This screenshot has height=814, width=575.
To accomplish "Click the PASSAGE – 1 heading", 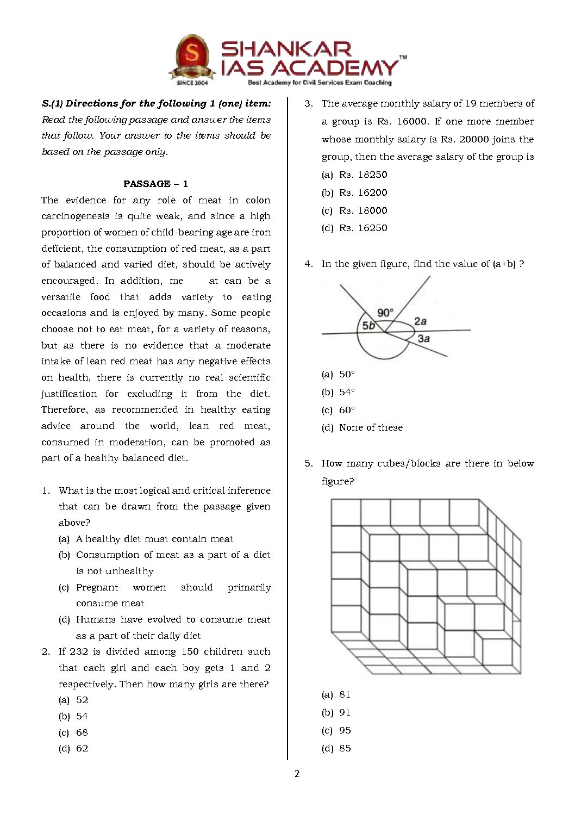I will pyautogui.click(x=155, y=184).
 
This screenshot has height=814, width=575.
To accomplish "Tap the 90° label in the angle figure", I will pyautogui.click(x=385, y=312).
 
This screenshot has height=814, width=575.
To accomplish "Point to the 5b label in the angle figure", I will pyautogui.click(x=368, y=326).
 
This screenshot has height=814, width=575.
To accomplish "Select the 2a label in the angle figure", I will pyautogui.click(x=420, y=321).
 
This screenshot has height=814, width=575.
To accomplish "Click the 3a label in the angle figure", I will pyautogui.click(x=424, y=338).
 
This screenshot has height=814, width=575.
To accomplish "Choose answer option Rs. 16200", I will pyautogui.click(x=362, y=192).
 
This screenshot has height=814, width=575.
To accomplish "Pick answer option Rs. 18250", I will pyautogui.click(x=362, y=175).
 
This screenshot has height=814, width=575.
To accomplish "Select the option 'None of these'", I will pyautogui.click(x=370, y=427).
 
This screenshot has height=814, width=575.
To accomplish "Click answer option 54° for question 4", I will pyautogui.click(x=347, y=392).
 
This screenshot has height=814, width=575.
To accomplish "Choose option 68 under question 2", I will pyautogui.click(x=82, y=732).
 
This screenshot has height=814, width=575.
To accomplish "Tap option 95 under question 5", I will pyautogui.click(x=345, y=730).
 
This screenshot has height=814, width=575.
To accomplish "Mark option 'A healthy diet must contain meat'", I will pyautogui.click(x=154, y=539).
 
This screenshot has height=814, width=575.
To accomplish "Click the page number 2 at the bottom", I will pyautogui.click(x=297, y=774).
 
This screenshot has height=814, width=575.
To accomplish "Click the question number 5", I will pyautogui.click(x=308, y=463).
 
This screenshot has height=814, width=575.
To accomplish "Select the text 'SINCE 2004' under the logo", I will pyautogui.click(x=192, y=83).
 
